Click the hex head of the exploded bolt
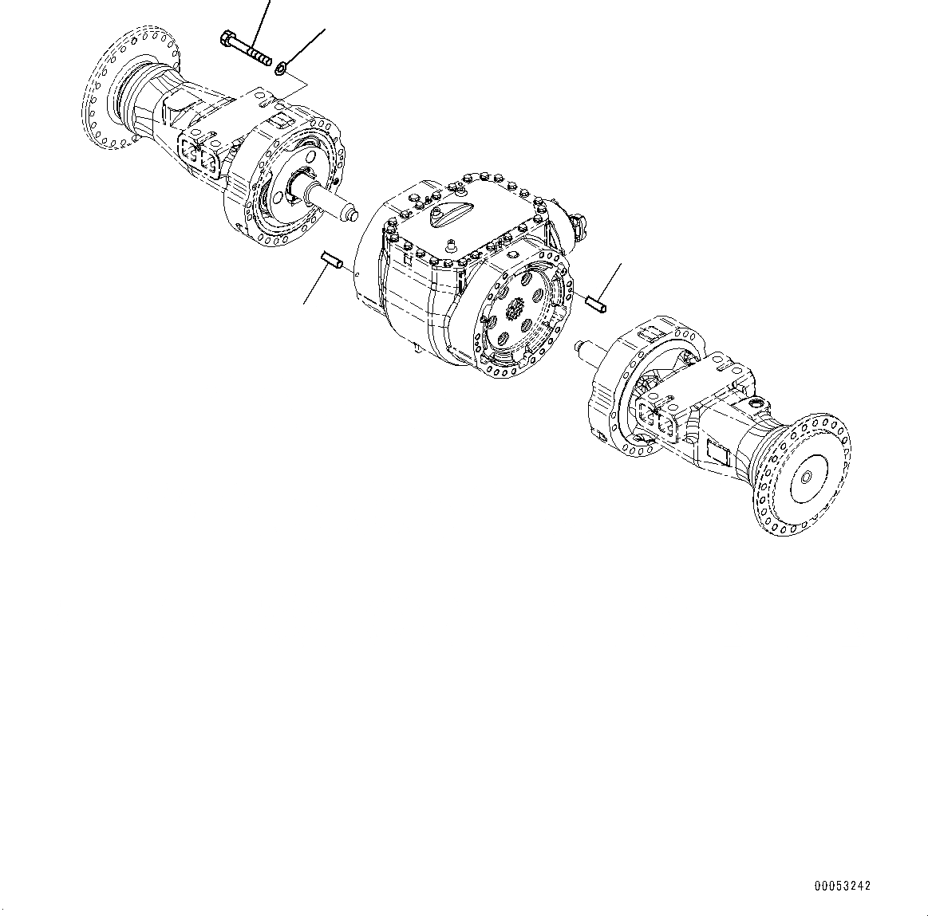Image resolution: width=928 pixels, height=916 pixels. pyautogui.click(x=225, y=37)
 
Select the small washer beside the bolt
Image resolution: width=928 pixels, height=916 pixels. pyautogui.click(x=282, y=70)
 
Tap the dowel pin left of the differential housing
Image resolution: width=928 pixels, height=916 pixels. pyautogui.click(x=331, y=260)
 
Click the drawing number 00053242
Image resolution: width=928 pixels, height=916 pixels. pyautogui.click(x=843, y=886)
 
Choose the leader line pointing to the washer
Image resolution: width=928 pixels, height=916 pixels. pyautogui.click(x=307, y=47)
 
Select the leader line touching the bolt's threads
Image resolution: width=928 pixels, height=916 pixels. pyautogui.click(x=262, y=24)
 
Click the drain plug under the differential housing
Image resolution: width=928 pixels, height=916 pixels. pyautogui.click(x=417, y=348)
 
